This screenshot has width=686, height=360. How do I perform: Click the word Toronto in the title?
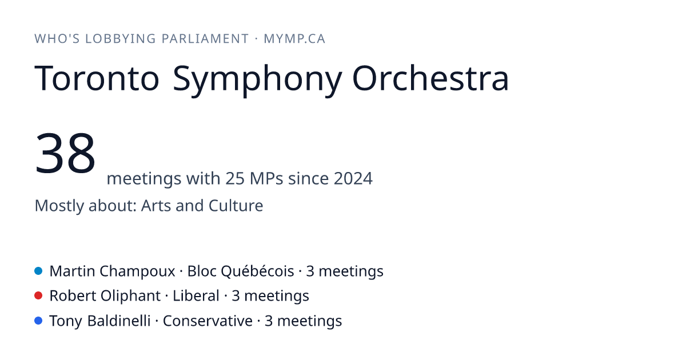pyautogui.click(x=97, y=78)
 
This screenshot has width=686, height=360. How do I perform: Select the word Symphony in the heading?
pyautogui.click(x=257, y=81)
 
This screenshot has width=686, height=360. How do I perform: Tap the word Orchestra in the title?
pyautogui.click(x=430, y=78)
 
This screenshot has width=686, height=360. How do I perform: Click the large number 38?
pyautogui.click(x=65, y=153)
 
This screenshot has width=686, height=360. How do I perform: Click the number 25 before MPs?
pyautogui.click(x=235, y=178)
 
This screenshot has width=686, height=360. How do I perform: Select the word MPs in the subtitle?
pyautogui.click(x=266, y=178)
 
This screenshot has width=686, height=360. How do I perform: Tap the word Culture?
pyautogui.click(x=236, y=205)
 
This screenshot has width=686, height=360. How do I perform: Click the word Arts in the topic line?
pyautogui.click(x=155, y=205)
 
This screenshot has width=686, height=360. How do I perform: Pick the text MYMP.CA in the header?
pyautogui.click(x=294, y=39)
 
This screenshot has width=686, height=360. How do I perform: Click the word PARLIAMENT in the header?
pyautogui.click(x=205, y=39)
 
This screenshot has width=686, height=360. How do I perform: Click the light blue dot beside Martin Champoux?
pyautogui.click(x=38, y=271)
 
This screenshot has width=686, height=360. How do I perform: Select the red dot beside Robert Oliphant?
pyautogui.click(x=38, y=296)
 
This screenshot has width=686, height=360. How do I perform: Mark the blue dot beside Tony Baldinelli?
pyautogui.click(x=38, y=321)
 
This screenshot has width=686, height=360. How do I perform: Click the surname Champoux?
pyautogui.click(x=137, y=271)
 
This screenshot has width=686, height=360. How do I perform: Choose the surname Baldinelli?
pyautogui.click(x=119, y=321)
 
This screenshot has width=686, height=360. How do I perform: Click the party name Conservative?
pyautogui.click(x=208, y=321)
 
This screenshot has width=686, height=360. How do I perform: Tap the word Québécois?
pyautogui.click(x=257, y=271)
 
